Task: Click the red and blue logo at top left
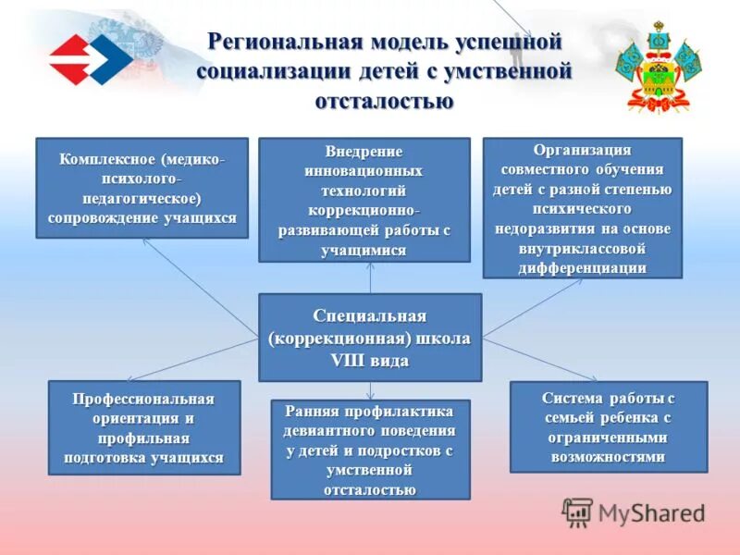pos(89,60)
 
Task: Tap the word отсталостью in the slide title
pos(384,100)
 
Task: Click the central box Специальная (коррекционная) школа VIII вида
pos(370,338)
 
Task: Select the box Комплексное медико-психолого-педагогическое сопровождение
pos(142,188)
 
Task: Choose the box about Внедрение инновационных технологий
pos(364,200)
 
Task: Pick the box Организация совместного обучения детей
pos(582,208)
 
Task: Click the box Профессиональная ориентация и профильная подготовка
pos(143,427)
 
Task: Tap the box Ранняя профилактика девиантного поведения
pos(370,450)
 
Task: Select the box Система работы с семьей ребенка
pos(608,426)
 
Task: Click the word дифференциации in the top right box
pos(583,267)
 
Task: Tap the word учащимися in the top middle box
pos(364,251)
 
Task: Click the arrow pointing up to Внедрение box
pos(370,277)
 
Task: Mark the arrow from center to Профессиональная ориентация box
pos(194,359)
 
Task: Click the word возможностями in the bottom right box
pos(608,456)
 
